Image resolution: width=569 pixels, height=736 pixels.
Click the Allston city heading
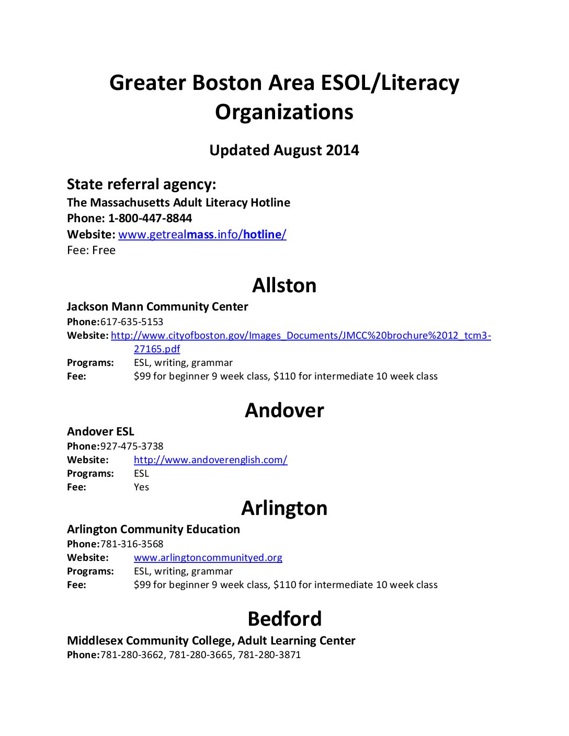(284, 285)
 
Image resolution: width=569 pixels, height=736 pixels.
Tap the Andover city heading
(284, 410)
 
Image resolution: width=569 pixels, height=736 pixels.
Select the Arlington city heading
(284, 508)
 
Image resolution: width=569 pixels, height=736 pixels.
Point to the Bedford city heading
(284, 619)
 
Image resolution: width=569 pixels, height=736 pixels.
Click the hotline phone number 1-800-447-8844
(150, 218)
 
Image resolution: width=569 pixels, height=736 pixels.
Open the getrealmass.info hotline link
(202, 235)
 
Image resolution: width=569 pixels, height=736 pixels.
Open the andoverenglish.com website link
(210, 460)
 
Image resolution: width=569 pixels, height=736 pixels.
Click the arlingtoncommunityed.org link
(208, 558)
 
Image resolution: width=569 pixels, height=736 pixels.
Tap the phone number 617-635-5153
(132, 322)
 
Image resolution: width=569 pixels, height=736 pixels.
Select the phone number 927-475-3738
(132, 446)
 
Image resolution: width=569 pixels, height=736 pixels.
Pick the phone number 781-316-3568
(132, 544)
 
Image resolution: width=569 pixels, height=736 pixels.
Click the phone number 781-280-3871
(269, 655)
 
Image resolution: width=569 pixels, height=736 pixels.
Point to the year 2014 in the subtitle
(343, 151)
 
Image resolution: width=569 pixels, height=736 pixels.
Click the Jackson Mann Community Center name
(157, 307)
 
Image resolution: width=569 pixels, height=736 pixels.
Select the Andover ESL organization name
(100, 432)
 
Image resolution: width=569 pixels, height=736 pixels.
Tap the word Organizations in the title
(284, 112)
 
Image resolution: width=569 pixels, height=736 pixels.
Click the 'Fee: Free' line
(91, 250)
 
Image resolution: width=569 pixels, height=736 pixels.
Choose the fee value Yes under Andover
(141, 487)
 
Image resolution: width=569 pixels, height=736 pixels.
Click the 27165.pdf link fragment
(157, 349)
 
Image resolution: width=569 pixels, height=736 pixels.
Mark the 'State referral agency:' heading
(141, 185)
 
